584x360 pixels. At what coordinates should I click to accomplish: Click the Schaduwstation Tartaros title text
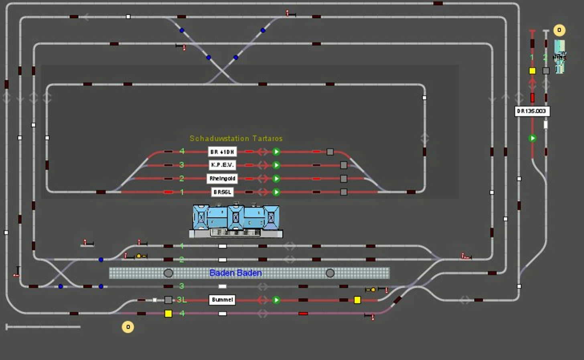tap(236, 139)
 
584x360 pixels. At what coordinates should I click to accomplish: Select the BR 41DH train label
tap(222, 152)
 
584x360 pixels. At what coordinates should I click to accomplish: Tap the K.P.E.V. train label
tap(222, 165)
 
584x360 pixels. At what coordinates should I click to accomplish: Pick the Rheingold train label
tap(222, 178)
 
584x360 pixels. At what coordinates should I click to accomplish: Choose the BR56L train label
tap(222, 192)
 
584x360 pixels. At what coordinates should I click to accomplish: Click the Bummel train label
tap(222, 300)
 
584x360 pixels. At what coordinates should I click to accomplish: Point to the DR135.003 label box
tap(532, 111)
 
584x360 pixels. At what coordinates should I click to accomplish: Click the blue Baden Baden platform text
tap(235, 273)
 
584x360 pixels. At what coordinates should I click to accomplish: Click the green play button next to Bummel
tap(276, 300)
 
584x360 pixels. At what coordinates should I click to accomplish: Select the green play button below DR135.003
tap(532, 138)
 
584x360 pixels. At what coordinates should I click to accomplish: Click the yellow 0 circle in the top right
tap(559, 30)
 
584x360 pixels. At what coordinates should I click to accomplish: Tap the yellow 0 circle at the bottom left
tap(128, 327)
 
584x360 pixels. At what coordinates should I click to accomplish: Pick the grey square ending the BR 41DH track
tap(330, 152)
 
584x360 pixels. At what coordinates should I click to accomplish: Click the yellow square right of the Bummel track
tap(357, 300)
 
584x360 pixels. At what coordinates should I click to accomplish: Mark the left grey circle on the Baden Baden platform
tap(168, 273)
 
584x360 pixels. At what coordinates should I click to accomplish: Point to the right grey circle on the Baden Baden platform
tap(330, 273)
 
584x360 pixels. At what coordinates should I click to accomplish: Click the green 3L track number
tap(182, 300)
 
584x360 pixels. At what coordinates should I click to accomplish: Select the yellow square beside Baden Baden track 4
tap(168, 313)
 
